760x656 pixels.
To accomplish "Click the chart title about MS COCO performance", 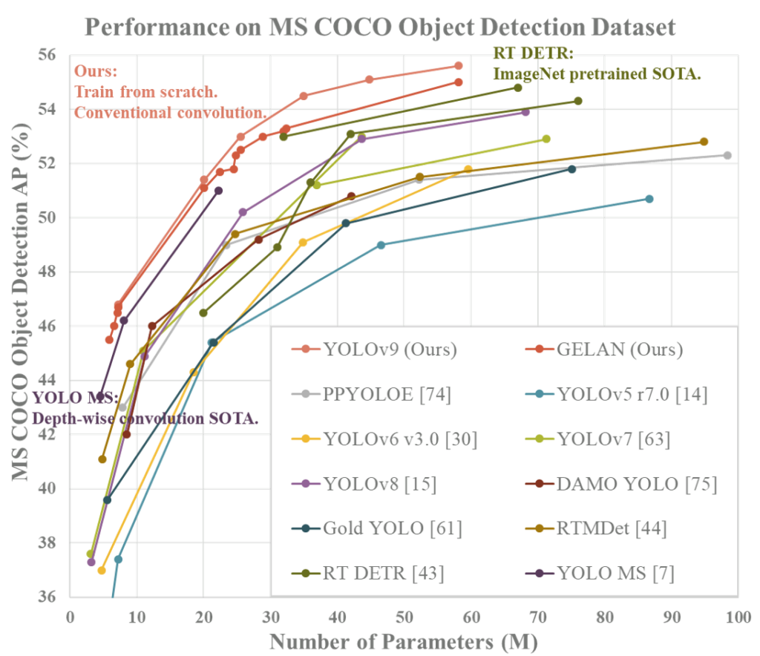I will (380, 27).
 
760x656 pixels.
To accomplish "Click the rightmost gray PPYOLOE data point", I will (727, 155).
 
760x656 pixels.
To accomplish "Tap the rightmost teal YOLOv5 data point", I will (649, 198).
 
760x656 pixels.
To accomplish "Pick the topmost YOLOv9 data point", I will (458, 66).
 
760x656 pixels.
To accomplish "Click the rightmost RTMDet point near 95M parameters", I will (704, 141).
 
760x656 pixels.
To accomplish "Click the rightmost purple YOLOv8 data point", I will (525, 111).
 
